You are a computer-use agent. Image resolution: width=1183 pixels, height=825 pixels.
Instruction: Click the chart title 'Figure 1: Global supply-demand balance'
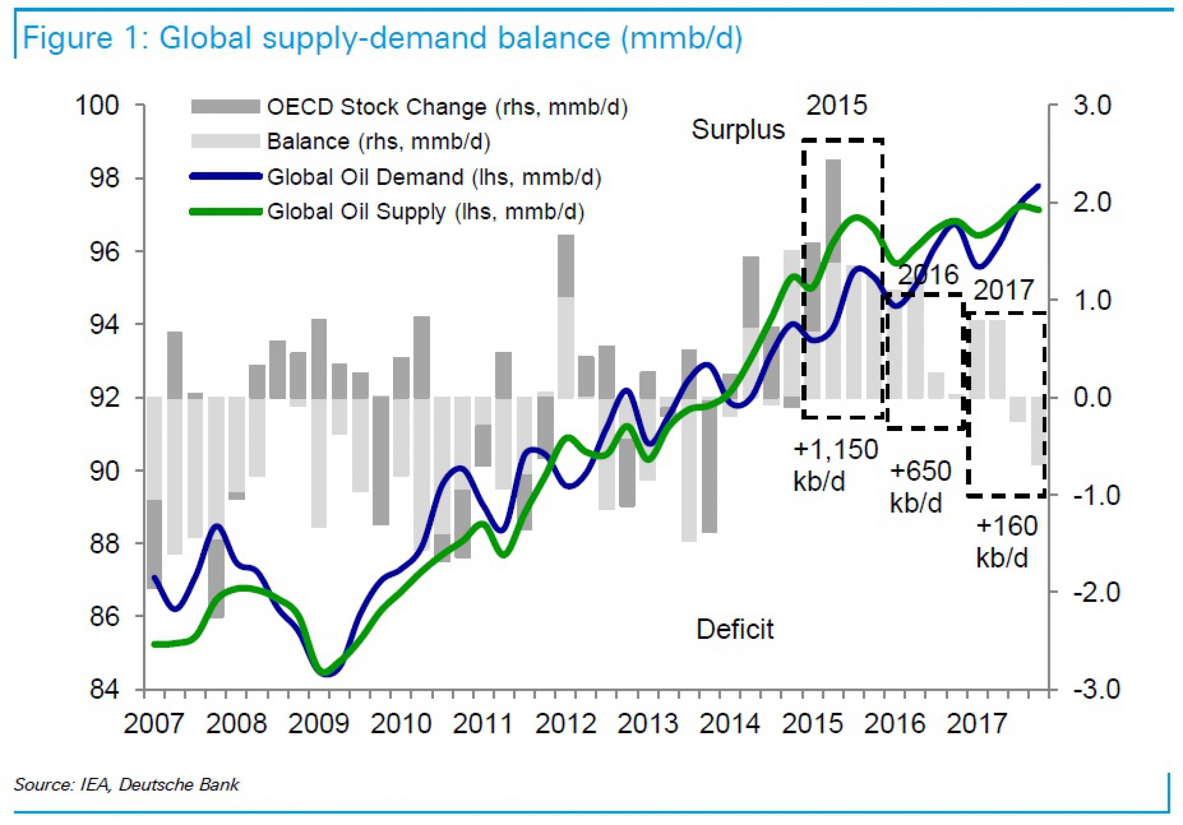click(x=382, y=38)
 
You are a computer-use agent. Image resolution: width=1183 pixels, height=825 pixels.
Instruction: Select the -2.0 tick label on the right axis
click(x=1097, y=592)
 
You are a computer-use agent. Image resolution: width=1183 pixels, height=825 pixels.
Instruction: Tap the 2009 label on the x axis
click(x=318, y=724)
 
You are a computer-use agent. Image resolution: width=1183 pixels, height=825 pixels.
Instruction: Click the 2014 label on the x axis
click(x=730, y=724)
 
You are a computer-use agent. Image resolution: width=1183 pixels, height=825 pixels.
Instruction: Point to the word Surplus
click(x=738, y=129)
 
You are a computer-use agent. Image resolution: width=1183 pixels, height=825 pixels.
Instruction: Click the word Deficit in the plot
click(x=735, y=629)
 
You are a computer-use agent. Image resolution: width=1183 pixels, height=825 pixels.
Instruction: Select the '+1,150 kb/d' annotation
click(x=835, y=465)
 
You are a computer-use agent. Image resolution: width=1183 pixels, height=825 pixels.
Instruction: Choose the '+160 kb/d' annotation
click(x=1006, y=541)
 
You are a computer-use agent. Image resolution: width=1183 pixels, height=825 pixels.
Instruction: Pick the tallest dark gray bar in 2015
click(x=833, y=211)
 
